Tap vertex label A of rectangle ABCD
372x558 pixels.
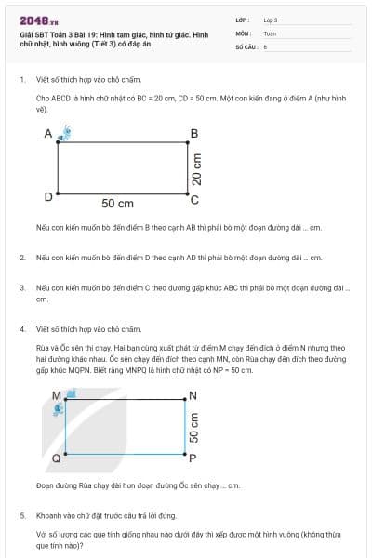(47, 135)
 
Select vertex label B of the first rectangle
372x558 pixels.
(193, 134)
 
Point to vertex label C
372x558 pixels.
(193, 198)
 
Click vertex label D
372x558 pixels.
(47, 197)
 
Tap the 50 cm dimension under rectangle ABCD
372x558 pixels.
(118, 204)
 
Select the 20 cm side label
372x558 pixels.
(195, 167)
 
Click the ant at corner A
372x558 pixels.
(63, 134)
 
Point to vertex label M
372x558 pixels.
(56, 395)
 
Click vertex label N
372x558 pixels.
(193, 395)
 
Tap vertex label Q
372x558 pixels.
(56, 458)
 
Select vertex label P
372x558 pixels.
(193, 458)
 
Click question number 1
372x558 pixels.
(21, 80)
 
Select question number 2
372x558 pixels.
(21, 258)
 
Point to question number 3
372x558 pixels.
(21, 288)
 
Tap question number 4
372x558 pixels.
(21, 329)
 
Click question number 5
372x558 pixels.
(21, 514)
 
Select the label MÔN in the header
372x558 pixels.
(243, 33)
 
